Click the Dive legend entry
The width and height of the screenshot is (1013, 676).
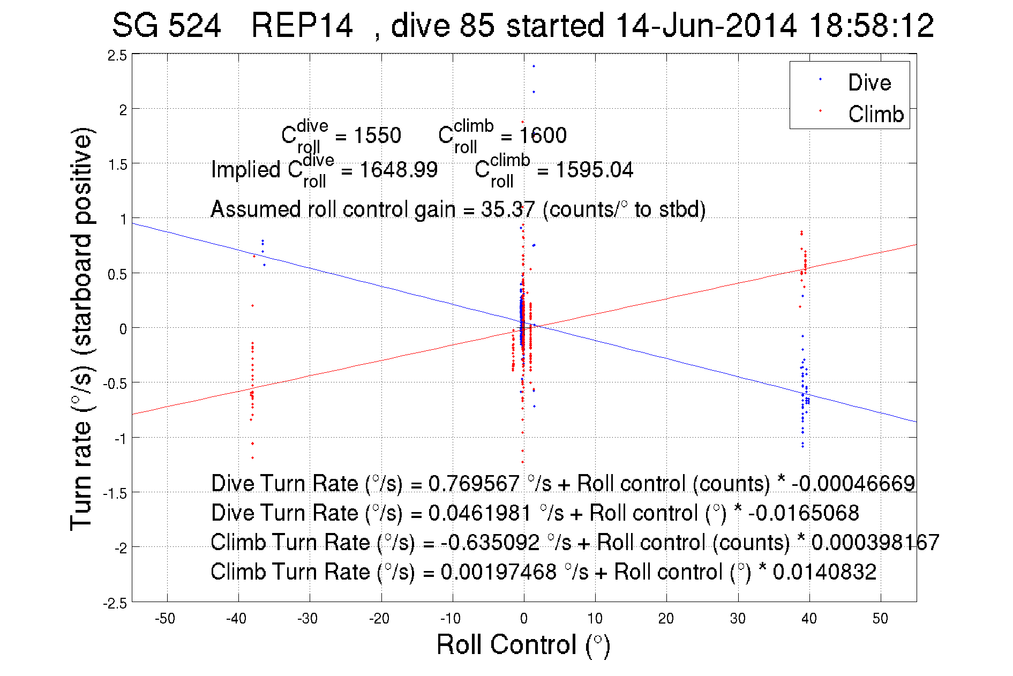pos(869,82)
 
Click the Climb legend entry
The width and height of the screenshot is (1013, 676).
pos(875,114)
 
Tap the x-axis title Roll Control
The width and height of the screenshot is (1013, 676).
pos(523,644)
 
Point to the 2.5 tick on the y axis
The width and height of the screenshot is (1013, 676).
pos(117,56)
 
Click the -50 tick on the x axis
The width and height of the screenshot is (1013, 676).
pos(165,619)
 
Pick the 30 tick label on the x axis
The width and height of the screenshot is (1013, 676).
pos(738,619)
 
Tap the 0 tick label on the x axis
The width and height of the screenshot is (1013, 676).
pos(524,619)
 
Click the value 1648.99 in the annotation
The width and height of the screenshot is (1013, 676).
pos(399,170)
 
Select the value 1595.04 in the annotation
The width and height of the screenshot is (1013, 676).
pos(594,170)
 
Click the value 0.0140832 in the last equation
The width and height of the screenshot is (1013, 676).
pos(824,572)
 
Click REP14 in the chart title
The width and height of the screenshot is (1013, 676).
pos(302,26)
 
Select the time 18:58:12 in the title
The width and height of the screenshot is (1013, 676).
pos(871,26)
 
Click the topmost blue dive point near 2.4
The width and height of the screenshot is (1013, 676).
pos(534,66)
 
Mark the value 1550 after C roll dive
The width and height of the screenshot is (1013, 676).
pos(377,136)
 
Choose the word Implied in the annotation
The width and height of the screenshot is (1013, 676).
pos(245,170)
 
